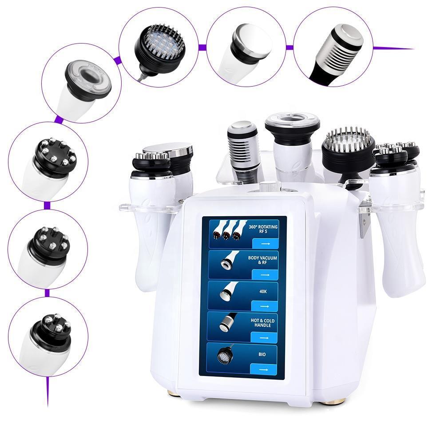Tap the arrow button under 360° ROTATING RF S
(x=265, y=243)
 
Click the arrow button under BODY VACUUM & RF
(x=265, y=275)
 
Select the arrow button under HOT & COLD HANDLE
(x=264, y=338)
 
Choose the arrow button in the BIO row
(x=263, y=369)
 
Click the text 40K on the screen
(x=263, y=291)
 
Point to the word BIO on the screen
(x=262, y=354)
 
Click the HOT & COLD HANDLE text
(x=262, y=323)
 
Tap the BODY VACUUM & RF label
(x=262, y=260)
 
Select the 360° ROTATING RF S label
(x=263, y=229)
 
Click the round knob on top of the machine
(x=266, y=187)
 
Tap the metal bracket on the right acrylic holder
(x=364, y=224)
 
